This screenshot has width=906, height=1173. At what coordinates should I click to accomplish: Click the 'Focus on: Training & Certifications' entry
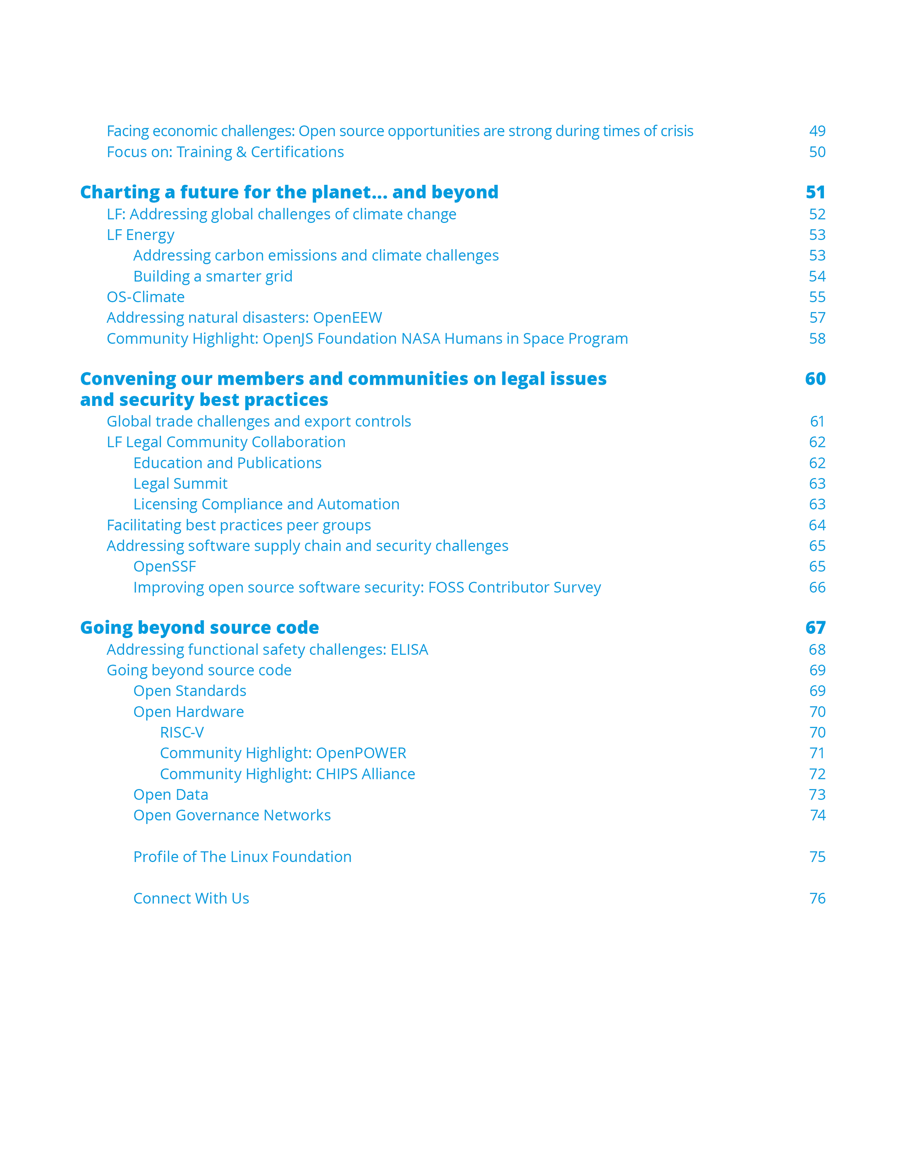pyautogui.click(x=225, y=152)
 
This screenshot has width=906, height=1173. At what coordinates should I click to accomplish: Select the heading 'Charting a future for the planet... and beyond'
pyautogui.click(x=289, y=192)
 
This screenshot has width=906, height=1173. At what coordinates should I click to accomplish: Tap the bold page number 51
pyautogui.click(x=815, y=192)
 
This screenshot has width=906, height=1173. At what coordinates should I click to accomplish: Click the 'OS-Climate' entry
pyautogui.click(x=145, y=297)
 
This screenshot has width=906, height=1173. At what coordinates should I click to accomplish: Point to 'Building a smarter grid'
pyautogui.click(x=213, y=276)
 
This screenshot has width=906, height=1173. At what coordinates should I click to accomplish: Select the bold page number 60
pyautogui.click(x=815, y=379)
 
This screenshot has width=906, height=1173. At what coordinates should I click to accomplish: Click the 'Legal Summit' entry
pyautogui.click(x=180, y=483)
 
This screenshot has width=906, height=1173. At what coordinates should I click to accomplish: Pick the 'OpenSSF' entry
pyautogui.click(x=164, y=566)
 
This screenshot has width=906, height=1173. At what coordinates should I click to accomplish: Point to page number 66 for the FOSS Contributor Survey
pyautogui.click(x=817, y=587)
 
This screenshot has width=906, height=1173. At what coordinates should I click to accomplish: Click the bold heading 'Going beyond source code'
pyautogui.click(x=199, y=627)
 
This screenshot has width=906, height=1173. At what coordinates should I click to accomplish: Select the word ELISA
pyautogui.click(x=409, y=650)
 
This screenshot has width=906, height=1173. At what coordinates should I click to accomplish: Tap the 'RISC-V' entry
pyautogui.click(x=182, y=732)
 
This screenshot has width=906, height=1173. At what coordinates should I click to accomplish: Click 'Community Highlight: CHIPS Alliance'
pyautogui.click(x=287, y=774)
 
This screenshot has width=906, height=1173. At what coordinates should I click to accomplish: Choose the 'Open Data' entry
pyautogui.click(x=170, y=794)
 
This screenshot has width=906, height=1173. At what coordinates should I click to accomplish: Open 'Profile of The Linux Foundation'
pyautogui.click(x=242, y=857)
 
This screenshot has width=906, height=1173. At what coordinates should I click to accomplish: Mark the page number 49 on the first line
pyautogui.click(x=817, y=131)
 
